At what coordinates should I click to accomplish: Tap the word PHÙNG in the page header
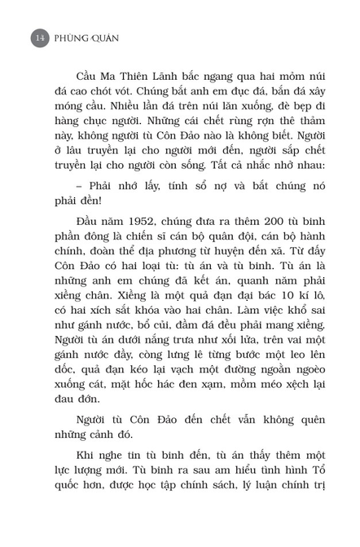coord(72,37)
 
